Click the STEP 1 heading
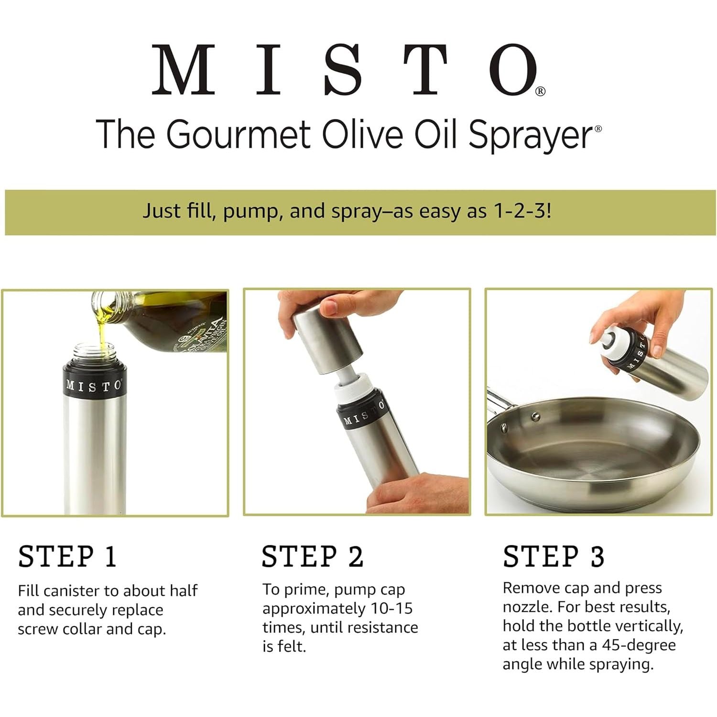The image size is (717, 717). click(67, 556)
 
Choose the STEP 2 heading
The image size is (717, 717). click(313, 556)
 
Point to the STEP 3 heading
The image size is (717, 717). click(554, 556)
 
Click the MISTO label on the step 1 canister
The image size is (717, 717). click(94, 385)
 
